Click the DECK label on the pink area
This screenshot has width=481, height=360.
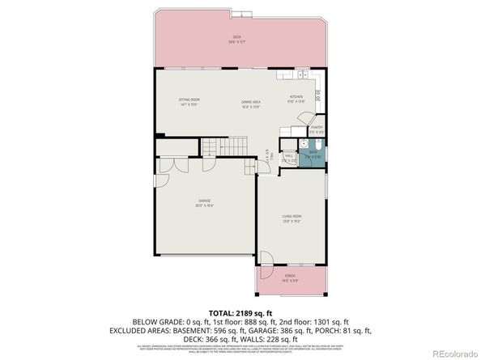237,37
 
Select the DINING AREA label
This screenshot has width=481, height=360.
250,101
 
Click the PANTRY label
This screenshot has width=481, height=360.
317,128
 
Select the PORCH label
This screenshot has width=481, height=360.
290,277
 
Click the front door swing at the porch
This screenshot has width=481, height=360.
264,260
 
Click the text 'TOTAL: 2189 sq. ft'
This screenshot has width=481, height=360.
240,311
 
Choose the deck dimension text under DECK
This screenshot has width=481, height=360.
237,43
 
